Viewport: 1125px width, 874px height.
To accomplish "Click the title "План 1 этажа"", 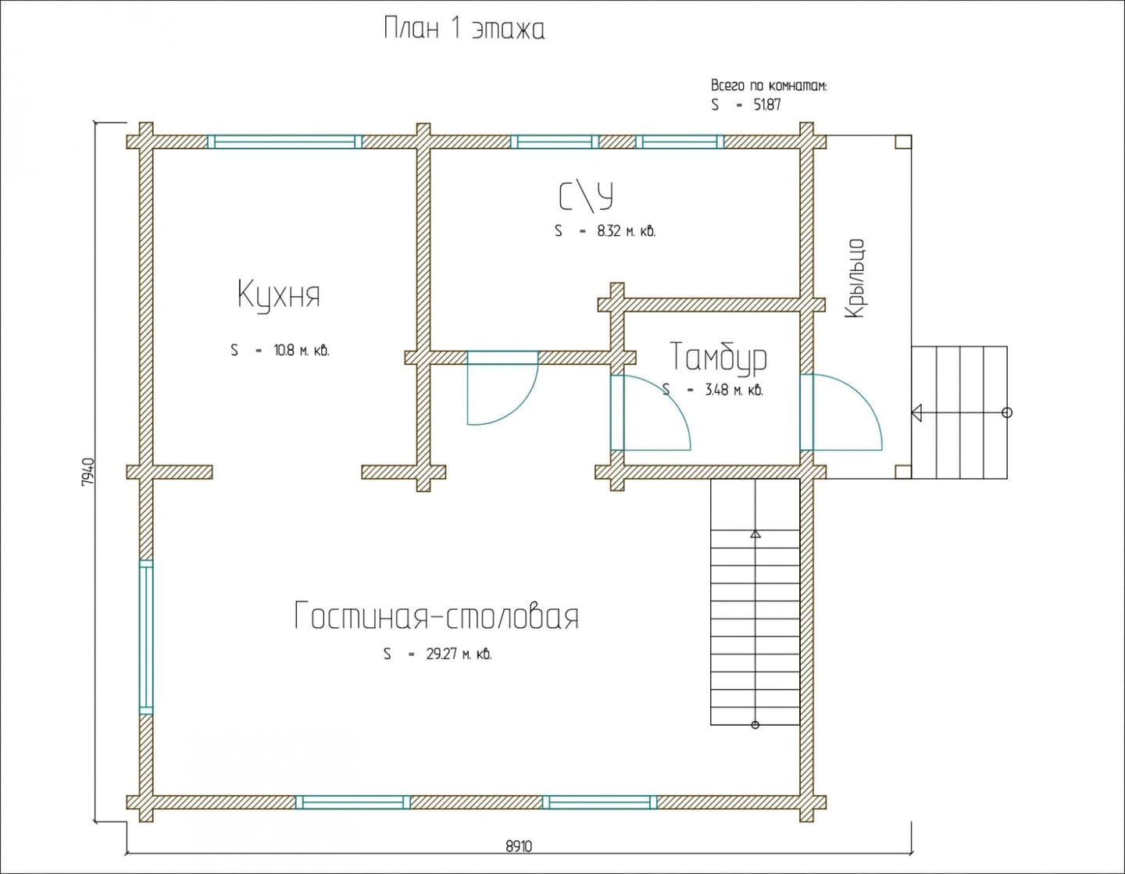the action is coord(464,29).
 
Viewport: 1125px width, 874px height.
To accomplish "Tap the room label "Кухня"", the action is coord(279,295).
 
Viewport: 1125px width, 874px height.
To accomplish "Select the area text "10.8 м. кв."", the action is coord(302,351).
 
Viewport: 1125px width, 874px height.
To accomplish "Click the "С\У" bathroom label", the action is coord(587,197).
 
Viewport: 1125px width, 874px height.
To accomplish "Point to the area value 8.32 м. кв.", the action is coord(627,230).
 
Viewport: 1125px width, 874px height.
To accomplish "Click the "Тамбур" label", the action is coord(719,356).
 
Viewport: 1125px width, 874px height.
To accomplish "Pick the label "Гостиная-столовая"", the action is coord(437,615).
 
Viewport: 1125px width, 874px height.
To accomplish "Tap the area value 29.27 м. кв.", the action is coord(459,654).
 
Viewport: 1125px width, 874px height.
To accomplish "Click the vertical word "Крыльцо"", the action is coord(855,278).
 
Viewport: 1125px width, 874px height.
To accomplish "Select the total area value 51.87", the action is coord(766,105).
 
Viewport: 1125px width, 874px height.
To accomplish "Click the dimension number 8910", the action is coord(519,847).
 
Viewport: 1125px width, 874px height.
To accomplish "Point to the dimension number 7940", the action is coord(87,472).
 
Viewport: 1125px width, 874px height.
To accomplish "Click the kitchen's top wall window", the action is coord(284,142).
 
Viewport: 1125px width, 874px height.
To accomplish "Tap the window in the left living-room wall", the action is coord(146,637).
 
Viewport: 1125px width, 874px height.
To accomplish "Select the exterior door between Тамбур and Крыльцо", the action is coord(841,412).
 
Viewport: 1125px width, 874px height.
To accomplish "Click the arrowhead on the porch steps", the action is coord(916,413).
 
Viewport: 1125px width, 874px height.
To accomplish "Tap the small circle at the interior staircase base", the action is coord(755,725).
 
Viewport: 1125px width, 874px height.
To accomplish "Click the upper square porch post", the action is coord(903,142).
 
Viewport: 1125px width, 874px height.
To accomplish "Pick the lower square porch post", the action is coord(903,471).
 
